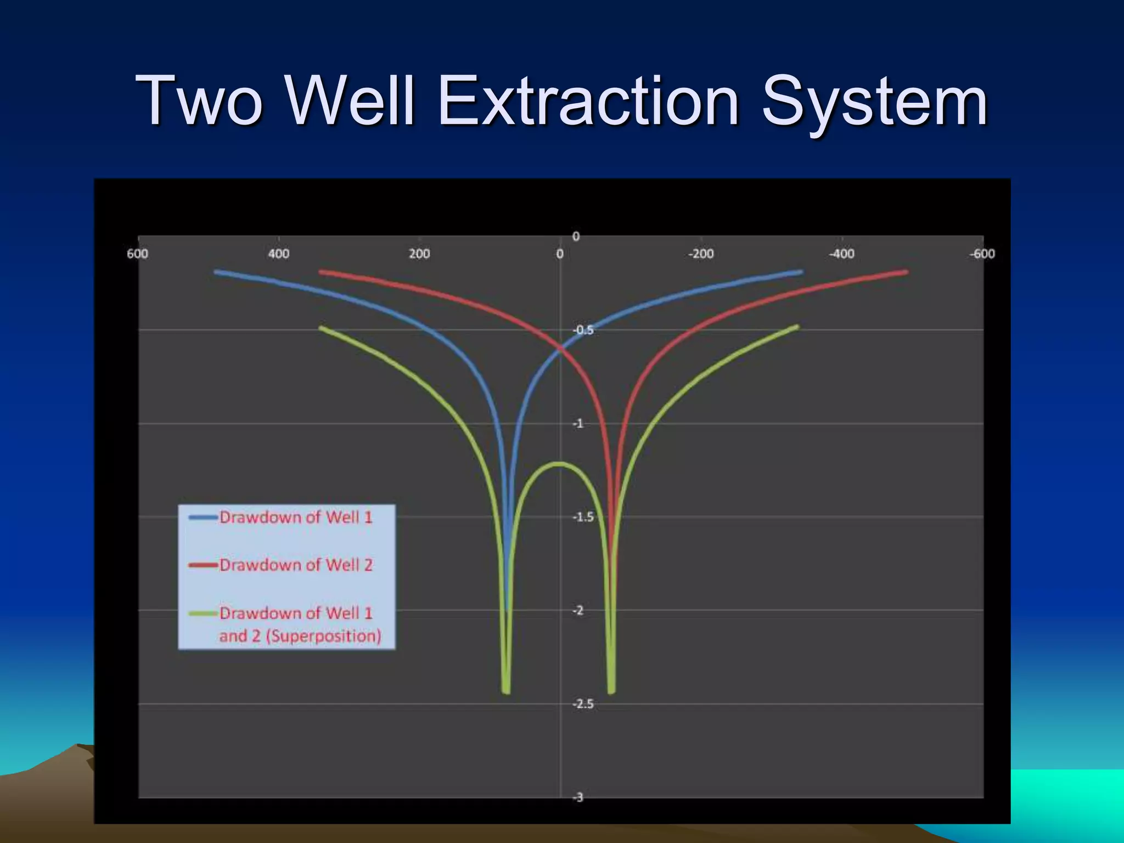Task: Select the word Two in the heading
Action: (200, 102)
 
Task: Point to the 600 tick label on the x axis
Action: (138, 254)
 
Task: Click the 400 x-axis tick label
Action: (278, 254)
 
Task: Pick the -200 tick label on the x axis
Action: (701, 254)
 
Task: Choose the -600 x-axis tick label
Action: (982, 254)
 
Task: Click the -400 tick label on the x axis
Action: (841, 254)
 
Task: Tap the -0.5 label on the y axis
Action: (583, 330)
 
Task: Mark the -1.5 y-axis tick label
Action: (583, 517)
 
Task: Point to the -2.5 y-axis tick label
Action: (583, 704)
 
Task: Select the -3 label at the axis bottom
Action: (578, 797)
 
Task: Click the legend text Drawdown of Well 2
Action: (296, 565)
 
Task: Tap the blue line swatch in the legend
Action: (203, 517)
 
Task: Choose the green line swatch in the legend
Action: (203, 613)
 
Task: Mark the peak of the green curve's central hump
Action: (560, 464)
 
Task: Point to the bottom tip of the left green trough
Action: (506, 692)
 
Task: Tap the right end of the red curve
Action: (906, 272)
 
